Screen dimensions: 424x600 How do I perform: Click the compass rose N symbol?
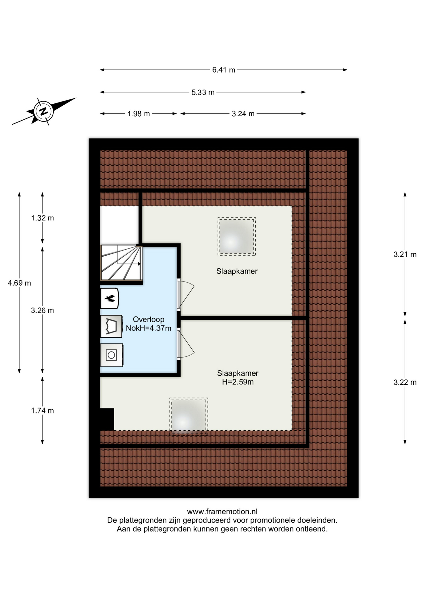[43, 111]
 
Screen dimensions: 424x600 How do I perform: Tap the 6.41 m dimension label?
[224, 70]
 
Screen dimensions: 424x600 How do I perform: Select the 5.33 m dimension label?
[203, 92]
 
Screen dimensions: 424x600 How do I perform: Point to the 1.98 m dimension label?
[139, 114]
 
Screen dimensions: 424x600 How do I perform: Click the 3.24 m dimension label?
[243, 114]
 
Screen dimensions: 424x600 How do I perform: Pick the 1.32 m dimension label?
[42, 218]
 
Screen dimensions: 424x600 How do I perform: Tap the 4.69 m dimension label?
[19, 283]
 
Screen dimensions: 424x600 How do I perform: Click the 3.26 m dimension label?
[42, 311]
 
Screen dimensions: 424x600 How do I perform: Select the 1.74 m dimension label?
[42, 411]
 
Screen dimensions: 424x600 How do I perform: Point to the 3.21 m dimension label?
[405, 254]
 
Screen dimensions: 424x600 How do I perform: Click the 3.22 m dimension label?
[405, 382]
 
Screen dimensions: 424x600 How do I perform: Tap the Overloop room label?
[149, 319]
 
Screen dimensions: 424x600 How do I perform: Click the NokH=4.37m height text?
[149, 328]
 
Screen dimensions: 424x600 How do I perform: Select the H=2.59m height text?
[238, 382]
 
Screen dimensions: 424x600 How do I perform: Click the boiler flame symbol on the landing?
[110, 298]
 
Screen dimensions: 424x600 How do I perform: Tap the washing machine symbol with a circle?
[111, 355]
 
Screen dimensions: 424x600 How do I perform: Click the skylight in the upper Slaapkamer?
[237, 237]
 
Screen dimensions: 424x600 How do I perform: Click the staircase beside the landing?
[121, 262]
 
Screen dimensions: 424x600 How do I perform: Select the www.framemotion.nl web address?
[222, 512]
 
